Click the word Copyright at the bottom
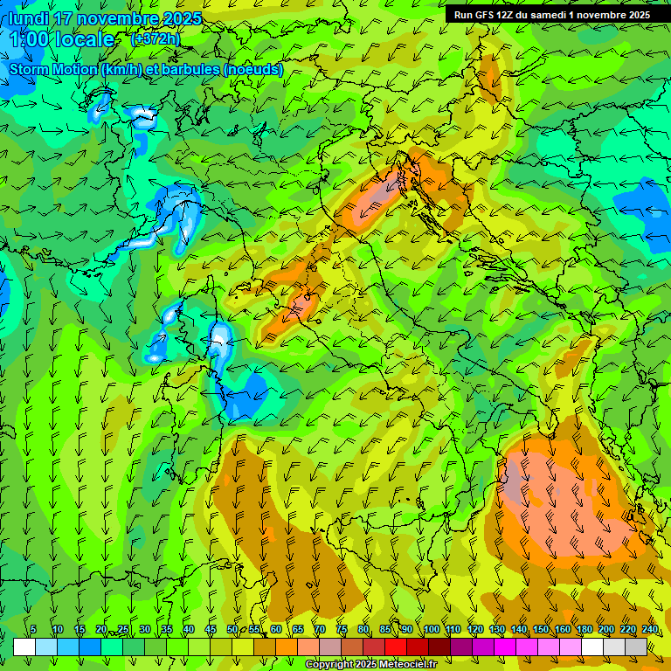coord(330,665)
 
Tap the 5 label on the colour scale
coord(33,630)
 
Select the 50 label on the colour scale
coord(232,630)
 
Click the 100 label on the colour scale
coord(431,630)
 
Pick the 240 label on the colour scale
coord(650,630)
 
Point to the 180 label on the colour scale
coord(584,630)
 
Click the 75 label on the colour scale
coord(342,630)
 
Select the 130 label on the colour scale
coord(496,630)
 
